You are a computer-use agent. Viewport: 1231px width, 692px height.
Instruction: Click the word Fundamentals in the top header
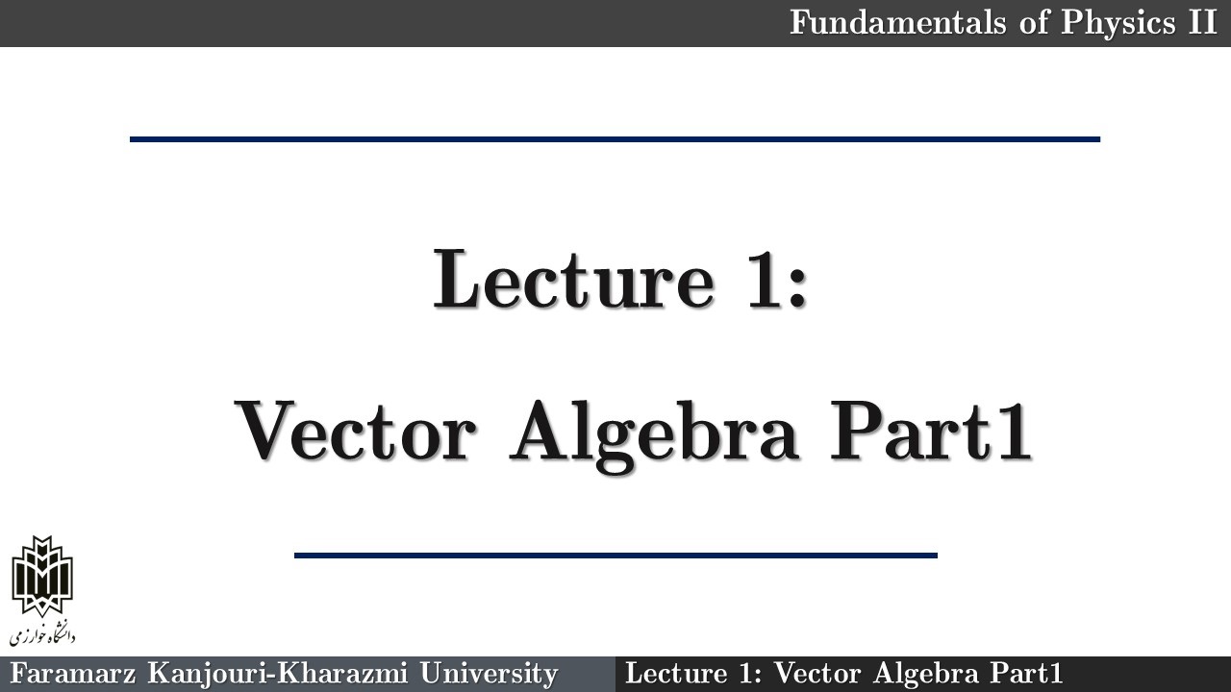tap(898, 22)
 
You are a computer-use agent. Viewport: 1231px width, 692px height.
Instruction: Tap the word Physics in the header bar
tap(1118, 24)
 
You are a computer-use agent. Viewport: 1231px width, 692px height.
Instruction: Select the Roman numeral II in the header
tap(1203, 22)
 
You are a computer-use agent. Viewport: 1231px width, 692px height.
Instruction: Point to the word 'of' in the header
tap(1033, 22)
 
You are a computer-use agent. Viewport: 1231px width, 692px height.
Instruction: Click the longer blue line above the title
tap(615, 139)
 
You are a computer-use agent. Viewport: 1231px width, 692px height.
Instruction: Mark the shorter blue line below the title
tap(615, 556)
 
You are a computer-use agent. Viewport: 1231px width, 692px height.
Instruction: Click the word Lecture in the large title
tap(574, 279)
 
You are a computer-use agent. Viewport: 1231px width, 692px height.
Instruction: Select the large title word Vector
tap(355, 431)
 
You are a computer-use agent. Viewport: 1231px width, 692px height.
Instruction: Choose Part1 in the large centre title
tap(931, 431)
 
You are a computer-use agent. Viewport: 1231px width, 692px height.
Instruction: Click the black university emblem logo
tap(42, 576)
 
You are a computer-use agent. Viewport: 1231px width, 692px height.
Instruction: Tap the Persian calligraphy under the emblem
tap(42, 634)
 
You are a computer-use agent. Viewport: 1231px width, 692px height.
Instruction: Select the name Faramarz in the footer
tap(72, 674)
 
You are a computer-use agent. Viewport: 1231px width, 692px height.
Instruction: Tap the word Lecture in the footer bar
tap(676, 674)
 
